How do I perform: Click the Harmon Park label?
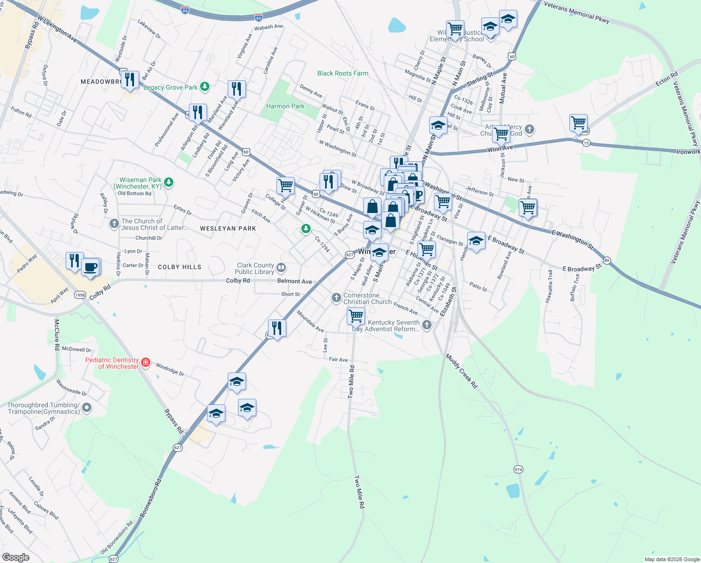pos(285,107)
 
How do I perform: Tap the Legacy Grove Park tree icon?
pos(204,87)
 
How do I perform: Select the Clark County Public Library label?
pos(254,268)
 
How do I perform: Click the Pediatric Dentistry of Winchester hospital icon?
pos(146,362)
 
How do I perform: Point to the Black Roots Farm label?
pos(343,73)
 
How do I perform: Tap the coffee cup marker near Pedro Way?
pos(90,267)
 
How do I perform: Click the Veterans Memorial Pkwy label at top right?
pos(576,12)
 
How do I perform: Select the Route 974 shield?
pos(518,469)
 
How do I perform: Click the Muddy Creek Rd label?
pos(462,371)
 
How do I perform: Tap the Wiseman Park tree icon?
pos(169,182)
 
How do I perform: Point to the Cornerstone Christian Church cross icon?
pos(336,298)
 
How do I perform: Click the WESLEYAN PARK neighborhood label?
pos(228,228)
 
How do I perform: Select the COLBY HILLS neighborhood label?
pos(179,267)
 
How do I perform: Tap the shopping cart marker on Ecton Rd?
pos(579,123)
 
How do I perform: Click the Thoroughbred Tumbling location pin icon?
pos(87,408)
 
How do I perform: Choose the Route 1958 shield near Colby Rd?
pos(80,295)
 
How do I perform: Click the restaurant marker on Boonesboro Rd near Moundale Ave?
pos(277,328)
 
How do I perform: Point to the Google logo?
pos(16,557)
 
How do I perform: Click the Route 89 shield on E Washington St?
pos(607,260)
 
